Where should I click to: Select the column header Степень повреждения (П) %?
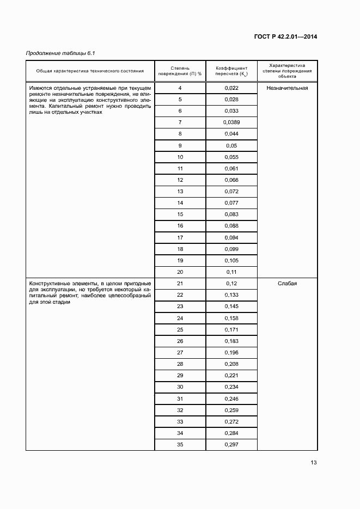click(180, 70)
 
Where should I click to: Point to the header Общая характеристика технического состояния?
click(90, 71)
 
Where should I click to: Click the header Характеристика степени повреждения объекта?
click(287, 70)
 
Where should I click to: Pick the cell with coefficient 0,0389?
click(231, 122)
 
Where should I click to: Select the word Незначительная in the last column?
click(287, 88)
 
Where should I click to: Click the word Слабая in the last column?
click(287, 283)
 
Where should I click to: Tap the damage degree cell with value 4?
click(180, 88)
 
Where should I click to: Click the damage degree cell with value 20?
click(180, 272)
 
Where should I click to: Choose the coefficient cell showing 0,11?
click(231, 272)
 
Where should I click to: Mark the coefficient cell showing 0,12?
click(231, 283)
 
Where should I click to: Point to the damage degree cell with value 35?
click(180, 445)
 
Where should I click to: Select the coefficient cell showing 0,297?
click(231, 445)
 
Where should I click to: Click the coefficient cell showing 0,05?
click(231, 145)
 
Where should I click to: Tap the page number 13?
click(313, 463)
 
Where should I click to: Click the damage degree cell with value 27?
click(180, 352)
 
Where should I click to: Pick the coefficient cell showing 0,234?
click(231, 387)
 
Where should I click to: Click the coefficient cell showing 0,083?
click(231, 214)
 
